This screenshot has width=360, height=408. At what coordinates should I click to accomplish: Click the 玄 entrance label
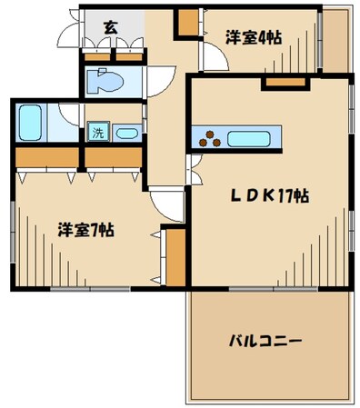coord(109,26)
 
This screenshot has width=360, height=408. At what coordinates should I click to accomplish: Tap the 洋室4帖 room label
coord(252,37)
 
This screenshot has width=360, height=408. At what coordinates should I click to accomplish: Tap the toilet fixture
coord(107,80)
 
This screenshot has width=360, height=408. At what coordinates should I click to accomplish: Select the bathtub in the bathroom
coord(31,122)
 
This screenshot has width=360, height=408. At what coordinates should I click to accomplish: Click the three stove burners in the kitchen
coord(210,138)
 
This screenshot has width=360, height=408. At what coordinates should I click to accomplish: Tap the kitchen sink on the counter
coord(252,139)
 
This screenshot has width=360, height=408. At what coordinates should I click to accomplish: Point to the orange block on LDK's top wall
coord(275,84)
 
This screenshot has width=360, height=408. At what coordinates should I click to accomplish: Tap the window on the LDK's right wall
coord(350,123)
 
